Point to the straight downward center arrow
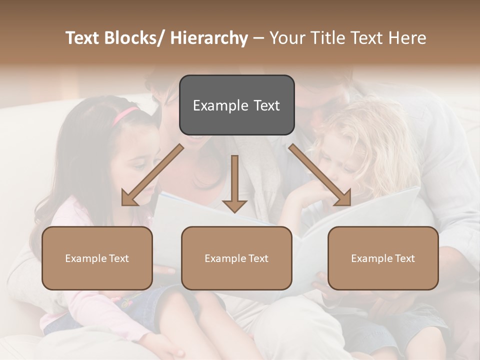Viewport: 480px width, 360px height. pyautogui.click(x=234, y=180)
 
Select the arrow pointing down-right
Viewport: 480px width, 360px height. pyautogui.click(x=320, y=175)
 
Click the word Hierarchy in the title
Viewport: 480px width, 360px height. pyautogui.click(x=209, y=38)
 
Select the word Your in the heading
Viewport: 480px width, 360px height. pyautogui.click(x=285, y=38)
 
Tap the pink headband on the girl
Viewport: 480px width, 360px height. pyautogui.click(x=124, y=115)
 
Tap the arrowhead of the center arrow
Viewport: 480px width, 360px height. pyautogui.click(x=234, y=205)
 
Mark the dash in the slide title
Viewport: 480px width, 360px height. pyautogui.click(x=258, y=38)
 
